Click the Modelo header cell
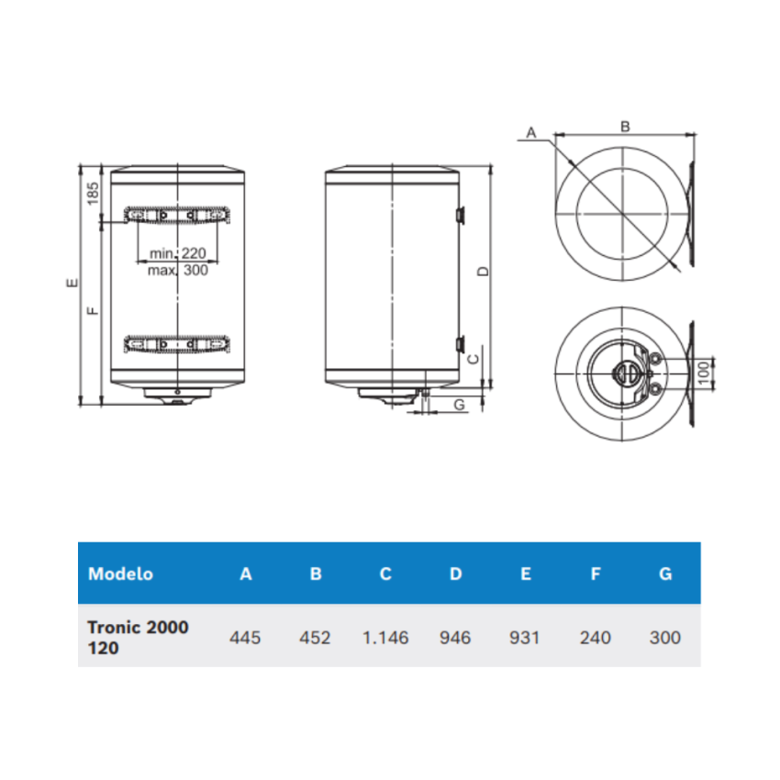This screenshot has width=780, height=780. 120,574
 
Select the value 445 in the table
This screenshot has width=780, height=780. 245,637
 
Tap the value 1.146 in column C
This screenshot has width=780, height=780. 385,637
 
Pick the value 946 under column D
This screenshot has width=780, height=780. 455,637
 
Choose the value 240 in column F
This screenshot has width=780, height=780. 596,637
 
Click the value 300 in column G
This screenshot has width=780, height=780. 664,637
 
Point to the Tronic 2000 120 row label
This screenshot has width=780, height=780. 138,637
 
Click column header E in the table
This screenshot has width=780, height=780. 525,574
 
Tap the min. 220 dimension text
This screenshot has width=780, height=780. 178,253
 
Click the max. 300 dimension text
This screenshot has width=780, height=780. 178,270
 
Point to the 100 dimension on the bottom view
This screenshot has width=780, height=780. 703,373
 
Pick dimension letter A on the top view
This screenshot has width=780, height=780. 530,133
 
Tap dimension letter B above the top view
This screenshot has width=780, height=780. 625,127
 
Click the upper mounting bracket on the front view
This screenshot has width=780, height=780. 176,216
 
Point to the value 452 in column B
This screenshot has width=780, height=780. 315,637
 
